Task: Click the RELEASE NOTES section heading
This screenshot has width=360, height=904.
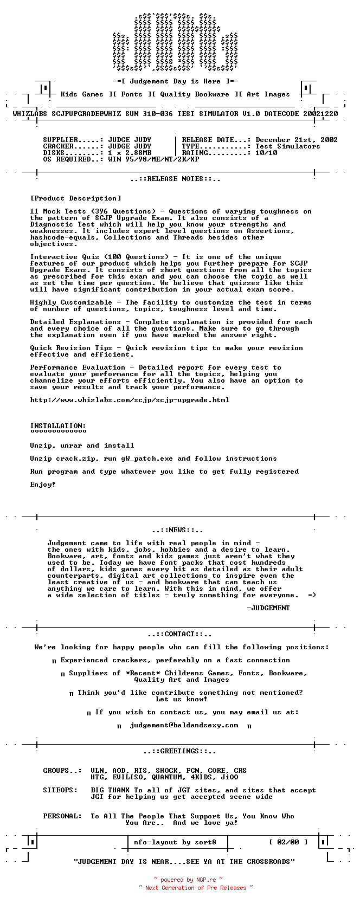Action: tap(175, 179)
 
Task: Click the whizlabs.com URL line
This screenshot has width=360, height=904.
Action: tap(130, 400)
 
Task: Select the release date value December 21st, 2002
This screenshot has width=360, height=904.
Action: tap(296, 140)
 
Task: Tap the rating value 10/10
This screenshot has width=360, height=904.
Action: tap(266, 153)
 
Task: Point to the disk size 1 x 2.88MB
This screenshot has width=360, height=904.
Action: tap(130, 153)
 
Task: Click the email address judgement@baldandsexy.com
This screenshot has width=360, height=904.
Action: tap(184, 725)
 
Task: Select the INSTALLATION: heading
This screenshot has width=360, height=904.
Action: tap(58, 426)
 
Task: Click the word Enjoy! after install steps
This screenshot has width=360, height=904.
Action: tap(43, 485)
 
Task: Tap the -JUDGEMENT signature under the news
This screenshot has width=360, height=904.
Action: tap(268, 608)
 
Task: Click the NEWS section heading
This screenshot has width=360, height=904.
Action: tap(177, 530)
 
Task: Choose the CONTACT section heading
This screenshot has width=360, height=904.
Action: tap(179, 634)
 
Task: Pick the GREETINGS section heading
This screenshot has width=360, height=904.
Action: tap(179, 751)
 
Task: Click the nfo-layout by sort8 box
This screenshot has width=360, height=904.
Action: tap(175, 842)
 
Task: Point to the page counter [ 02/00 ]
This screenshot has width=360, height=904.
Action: tap(288, 842)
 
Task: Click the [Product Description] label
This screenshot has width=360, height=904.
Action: tap(75, 198)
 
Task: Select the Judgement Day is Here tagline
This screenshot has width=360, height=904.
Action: tap(175, 81)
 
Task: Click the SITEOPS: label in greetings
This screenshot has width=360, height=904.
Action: tap(60, 790)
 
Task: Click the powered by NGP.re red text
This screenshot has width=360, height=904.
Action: tap(188, 880)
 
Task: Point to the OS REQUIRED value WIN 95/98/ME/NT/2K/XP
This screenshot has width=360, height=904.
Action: tap(153, 159)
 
